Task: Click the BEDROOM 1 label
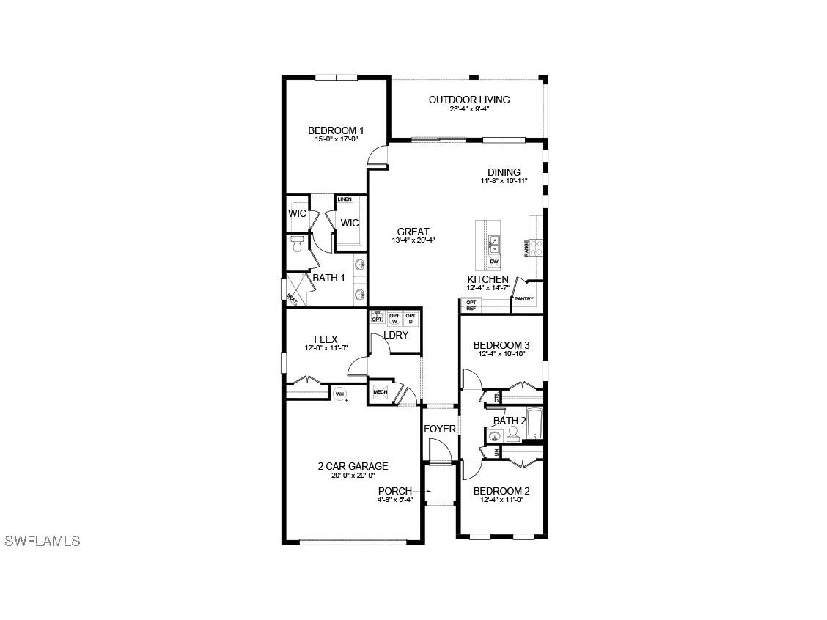336,130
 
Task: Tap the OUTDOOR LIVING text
469,100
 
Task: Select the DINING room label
504,172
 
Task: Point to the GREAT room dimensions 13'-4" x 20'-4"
413,240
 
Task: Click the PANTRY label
523,299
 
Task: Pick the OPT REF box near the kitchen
471,305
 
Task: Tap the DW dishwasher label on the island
494,262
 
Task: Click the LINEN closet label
345,199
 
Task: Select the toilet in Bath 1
297,244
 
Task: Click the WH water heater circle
339,394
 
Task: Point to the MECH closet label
380,392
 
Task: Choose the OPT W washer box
394,319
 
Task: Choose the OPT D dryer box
410,319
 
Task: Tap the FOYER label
439,429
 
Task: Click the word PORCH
394,491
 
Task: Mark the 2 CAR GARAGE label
353,466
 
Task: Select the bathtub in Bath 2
534,424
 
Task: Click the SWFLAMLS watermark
42,541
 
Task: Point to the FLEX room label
326,339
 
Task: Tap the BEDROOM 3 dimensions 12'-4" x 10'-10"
501,354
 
